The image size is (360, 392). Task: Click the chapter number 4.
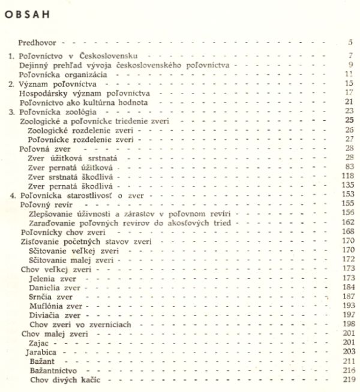point(13,195)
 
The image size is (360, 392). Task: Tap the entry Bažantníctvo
point(55,371)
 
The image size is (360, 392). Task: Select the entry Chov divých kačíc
point(64,380)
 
